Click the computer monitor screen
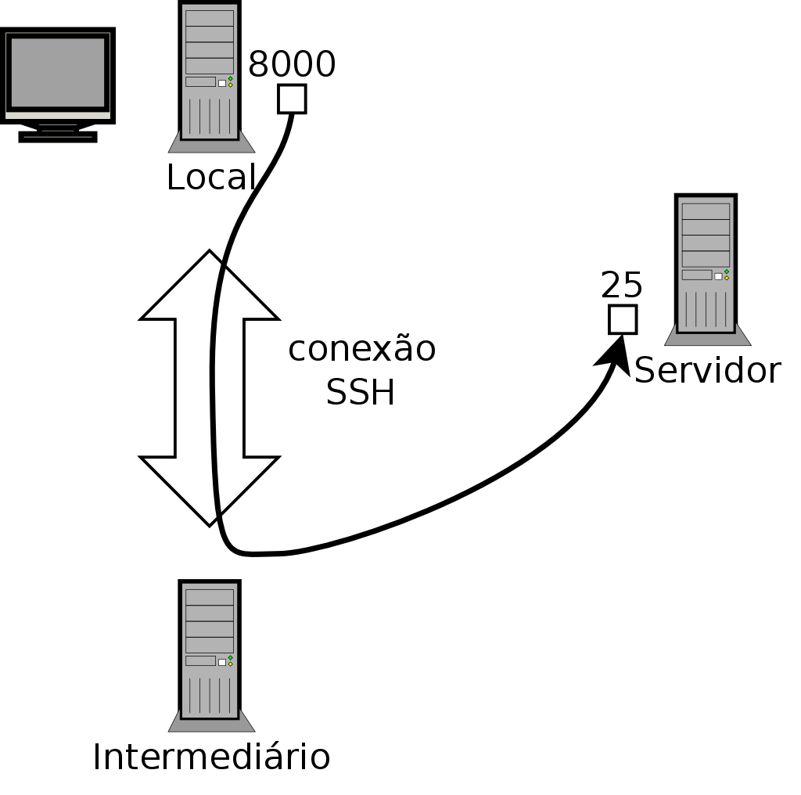point(57,72)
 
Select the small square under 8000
point(292,99)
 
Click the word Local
point(211,178)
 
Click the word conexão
point(361,349)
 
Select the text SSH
point(360,393)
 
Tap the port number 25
point(622,286)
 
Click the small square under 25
point(623,319)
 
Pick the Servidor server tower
point(706,266)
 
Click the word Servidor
point(707,371)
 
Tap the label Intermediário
point(211,757)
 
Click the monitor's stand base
point(58,137)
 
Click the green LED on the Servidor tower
point(727,272)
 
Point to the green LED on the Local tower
point(231,78)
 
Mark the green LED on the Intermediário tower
point(231,658)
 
